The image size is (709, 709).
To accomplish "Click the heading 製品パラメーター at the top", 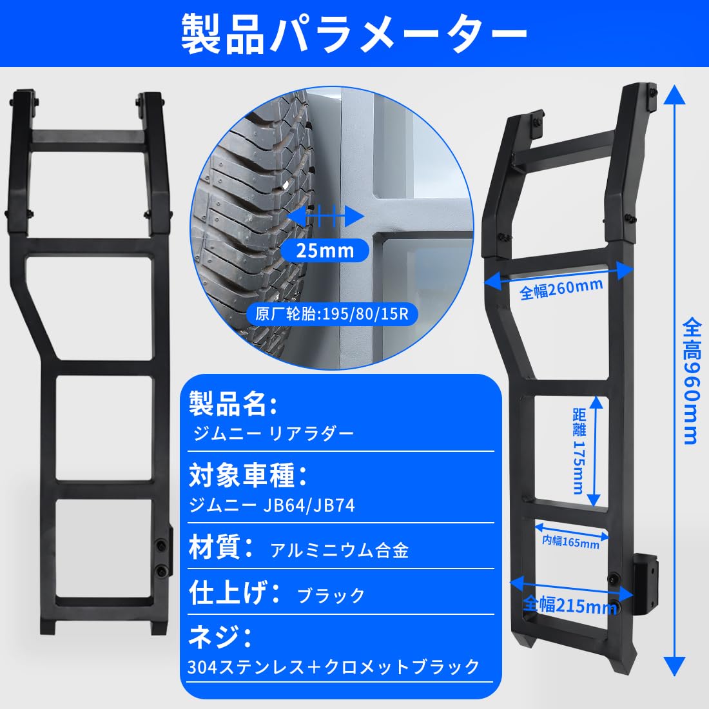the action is coord(354,33).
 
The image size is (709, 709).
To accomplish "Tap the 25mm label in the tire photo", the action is coord(325,250).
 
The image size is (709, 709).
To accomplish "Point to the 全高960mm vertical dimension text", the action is coord(690,380).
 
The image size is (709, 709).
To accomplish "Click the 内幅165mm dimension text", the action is coord(570,541).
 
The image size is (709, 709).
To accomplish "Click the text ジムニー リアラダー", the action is coord(273,432).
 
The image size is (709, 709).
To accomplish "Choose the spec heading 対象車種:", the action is coord(248,476).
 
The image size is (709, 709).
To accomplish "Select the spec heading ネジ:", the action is coord(220,637).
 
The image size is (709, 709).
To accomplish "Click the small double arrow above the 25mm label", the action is coord(325,217).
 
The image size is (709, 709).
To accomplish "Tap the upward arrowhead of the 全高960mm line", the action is coord(674,97).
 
